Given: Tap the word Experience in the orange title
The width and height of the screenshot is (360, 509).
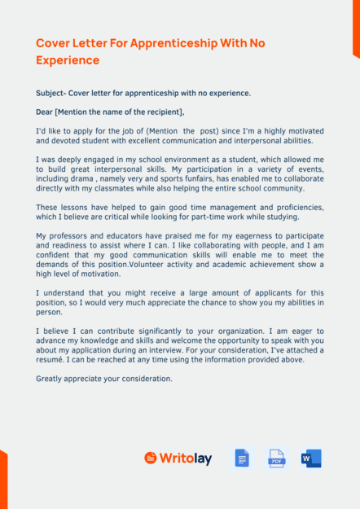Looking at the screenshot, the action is (68, 60).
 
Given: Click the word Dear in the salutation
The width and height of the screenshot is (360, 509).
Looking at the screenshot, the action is (45, 112).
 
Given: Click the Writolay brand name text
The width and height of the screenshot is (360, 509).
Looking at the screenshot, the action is (185, 459).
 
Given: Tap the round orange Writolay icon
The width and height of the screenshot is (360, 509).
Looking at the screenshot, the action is (150, 459).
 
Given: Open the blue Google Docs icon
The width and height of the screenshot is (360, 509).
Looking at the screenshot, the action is (242, 459).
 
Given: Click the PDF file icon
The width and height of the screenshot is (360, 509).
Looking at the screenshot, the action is (277, 459).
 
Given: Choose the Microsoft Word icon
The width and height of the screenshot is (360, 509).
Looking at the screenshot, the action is (311, 459).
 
